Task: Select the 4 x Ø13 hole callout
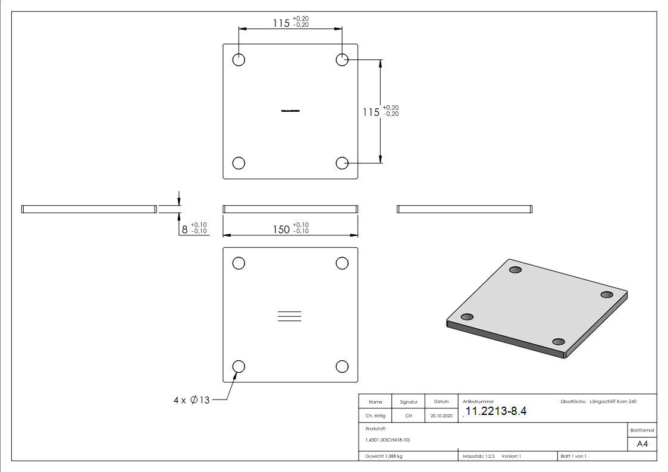pos(192,401)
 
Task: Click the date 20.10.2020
pos(441,416)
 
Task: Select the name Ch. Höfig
pos(376,416)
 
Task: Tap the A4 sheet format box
pos(642,444)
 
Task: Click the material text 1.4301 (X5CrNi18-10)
pos(388,440)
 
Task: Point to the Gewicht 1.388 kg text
pos(384,456)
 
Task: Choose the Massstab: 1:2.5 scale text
pos(479,456)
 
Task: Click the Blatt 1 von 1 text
pos(573,456)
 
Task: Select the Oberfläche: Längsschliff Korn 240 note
pos(598,402)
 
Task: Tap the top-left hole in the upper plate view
pos(239,60)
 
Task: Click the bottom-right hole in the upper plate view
pos(342,163)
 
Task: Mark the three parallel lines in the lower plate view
pos(290,316)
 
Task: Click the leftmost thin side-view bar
pos(89,209)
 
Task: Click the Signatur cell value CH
pos(409,416)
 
